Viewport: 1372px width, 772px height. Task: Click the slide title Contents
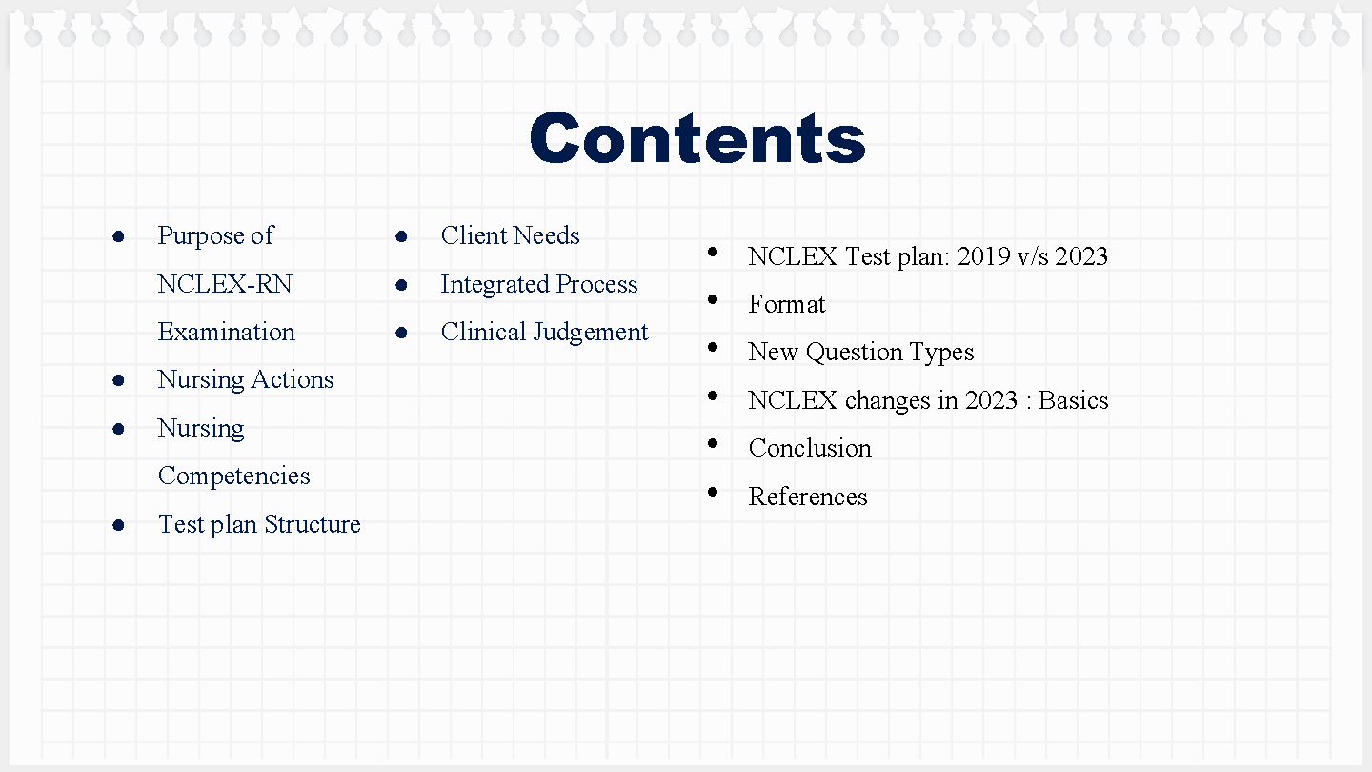coord(697,138)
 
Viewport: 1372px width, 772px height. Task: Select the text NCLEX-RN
coord(225,284)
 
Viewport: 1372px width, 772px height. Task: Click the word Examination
coord(226,332)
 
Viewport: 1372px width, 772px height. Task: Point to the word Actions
coord(293,379)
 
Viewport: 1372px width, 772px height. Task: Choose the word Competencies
coord(234,477)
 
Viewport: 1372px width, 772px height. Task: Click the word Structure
coord(313,524)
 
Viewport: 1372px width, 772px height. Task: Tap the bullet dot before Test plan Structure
coord(119,525)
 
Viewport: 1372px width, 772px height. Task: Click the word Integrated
coord(494,285)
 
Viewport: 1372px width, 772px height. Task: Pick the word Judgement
coord(591,333)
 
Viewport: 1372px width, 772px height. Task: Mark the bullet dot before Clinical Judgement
coord(402,333)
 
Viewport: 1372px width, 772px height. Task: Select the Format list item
coord(786,304)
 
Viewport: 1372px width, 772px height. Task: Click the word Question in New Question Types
coord(854,353)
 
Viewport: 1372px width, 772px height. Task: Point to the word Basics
coord(1073,400)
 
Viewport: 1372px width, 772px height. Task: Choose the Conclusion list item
coord(810,448)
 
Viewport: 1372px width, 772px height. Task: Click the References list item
coord(808,497)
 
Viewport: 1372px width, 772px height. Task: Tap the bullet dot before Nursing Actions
coord(119,380)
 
